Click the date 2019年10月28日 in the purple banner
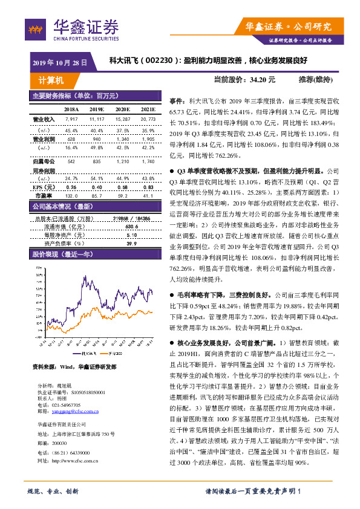[59, 62]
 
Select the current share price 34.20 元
[263, 79]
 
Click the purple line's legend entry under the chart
[79, 353]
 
